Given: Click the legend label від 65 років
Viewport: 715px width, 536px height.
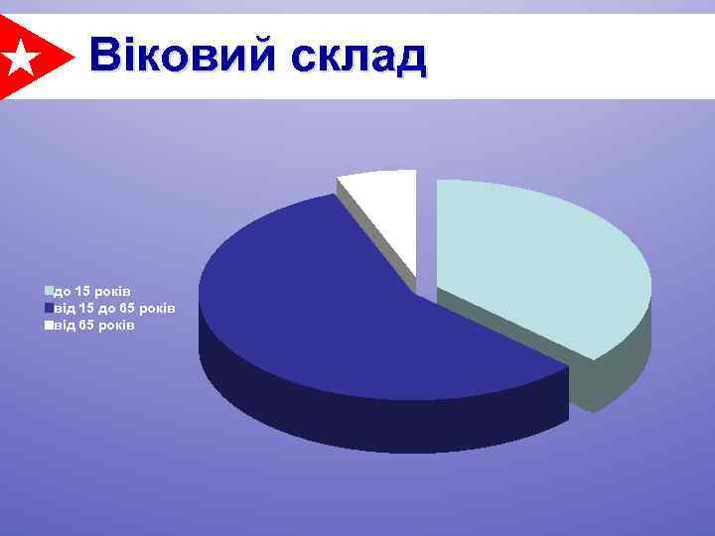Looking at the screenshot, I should tap(93, 325).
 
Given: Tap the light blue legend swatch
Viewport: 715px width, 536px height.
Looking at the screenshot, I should tap(47, 291).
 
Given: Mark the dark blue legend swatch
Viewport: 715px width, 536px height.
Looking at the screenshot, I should tap(47, 308).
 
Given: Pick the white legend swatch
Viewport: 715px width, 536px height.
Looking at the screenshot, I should tap(47, 325).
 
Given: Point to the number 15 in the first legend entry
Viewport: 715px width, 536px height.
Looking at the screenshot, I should tap(80, 291).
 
